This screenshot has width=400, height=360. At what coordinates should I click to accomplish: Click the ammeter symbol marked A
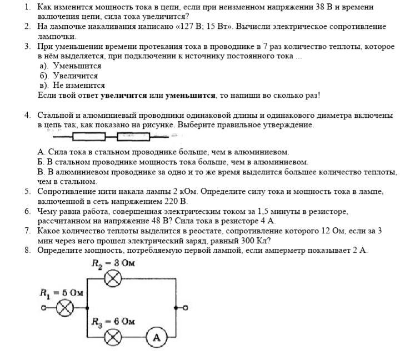157,337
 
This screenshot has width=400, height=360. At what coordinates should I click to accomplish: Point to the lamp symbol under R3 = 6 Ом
114,337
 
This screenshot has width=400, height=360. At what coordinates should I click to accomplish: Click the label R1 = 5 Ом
62,292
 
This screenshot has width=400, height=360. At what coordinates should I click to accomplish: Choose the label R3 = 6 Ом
113,322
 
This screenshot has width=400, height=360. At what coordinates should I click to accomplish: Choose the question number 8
27,250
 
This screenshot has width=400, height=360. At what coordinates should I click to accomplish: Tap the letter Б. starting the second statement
41,162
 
